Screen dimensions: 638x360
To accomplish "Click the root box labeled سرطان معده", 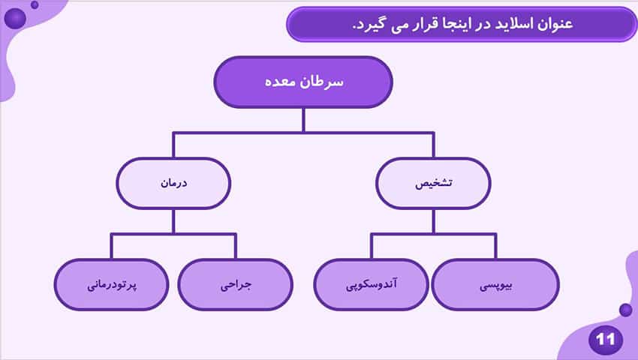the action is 303,82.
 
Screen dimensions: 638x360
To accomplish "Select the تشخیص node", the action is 433,184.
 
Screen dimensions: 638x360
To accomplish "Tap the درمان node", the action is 173,184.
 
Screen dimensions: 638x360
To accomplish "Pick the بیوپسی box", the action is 495,285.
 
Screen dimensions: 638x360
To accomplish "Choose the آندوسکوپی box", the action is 371,285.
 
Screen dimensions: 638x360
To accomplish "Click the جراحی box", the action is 236,285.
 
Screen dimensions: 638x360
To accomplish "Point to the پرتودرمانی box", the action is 112,285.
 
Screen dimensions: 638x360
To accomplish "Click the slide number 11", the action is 605,340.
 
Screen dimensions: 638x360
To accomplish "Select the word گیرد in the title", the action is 369,25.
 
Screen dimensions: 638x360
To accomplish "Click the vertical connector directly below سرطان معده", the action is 303,121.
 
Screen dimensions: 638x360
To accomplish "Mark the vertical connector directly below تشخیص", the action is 433,222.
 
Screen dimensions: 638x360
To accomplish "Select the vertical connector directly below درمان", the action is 173,222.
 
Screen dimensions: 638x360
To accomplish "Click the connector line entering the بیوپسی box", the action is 495,247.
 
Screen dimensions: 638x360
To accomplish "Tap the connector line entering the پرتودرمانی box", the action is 112,247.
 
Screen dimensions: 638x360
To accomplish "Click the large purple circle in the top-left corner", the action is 15,18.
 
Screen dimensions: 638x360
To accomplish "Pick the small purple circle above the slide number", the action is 626,310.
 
